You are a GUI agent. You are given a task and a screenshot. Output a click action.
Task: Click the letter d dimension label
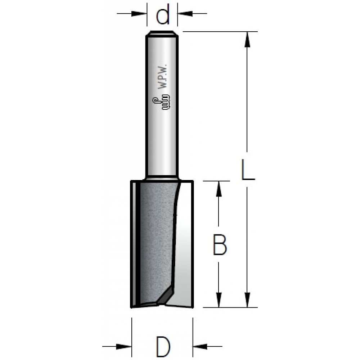coord(163,14)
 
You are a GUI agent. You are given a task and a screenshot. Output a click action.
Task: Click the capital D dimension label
coord(163,347)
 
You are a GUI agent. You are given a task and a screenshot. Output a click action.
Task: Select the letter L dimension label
coord(248,170)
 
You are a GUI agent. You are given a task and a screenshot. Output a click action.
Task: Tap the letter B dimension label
coord(220,244)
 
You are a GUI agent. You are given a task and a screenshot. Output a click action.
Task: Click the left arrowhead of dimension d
coord(139,14)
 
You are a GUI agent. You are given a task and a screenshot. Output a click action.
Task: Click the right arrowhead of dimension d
coord(185,14)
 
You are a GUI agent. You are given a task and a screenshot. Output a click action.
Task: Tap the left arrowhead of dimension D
coord(124,346)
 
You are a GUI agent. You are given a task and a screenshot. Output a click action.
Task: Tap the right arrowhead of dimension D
coord(201,346)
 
